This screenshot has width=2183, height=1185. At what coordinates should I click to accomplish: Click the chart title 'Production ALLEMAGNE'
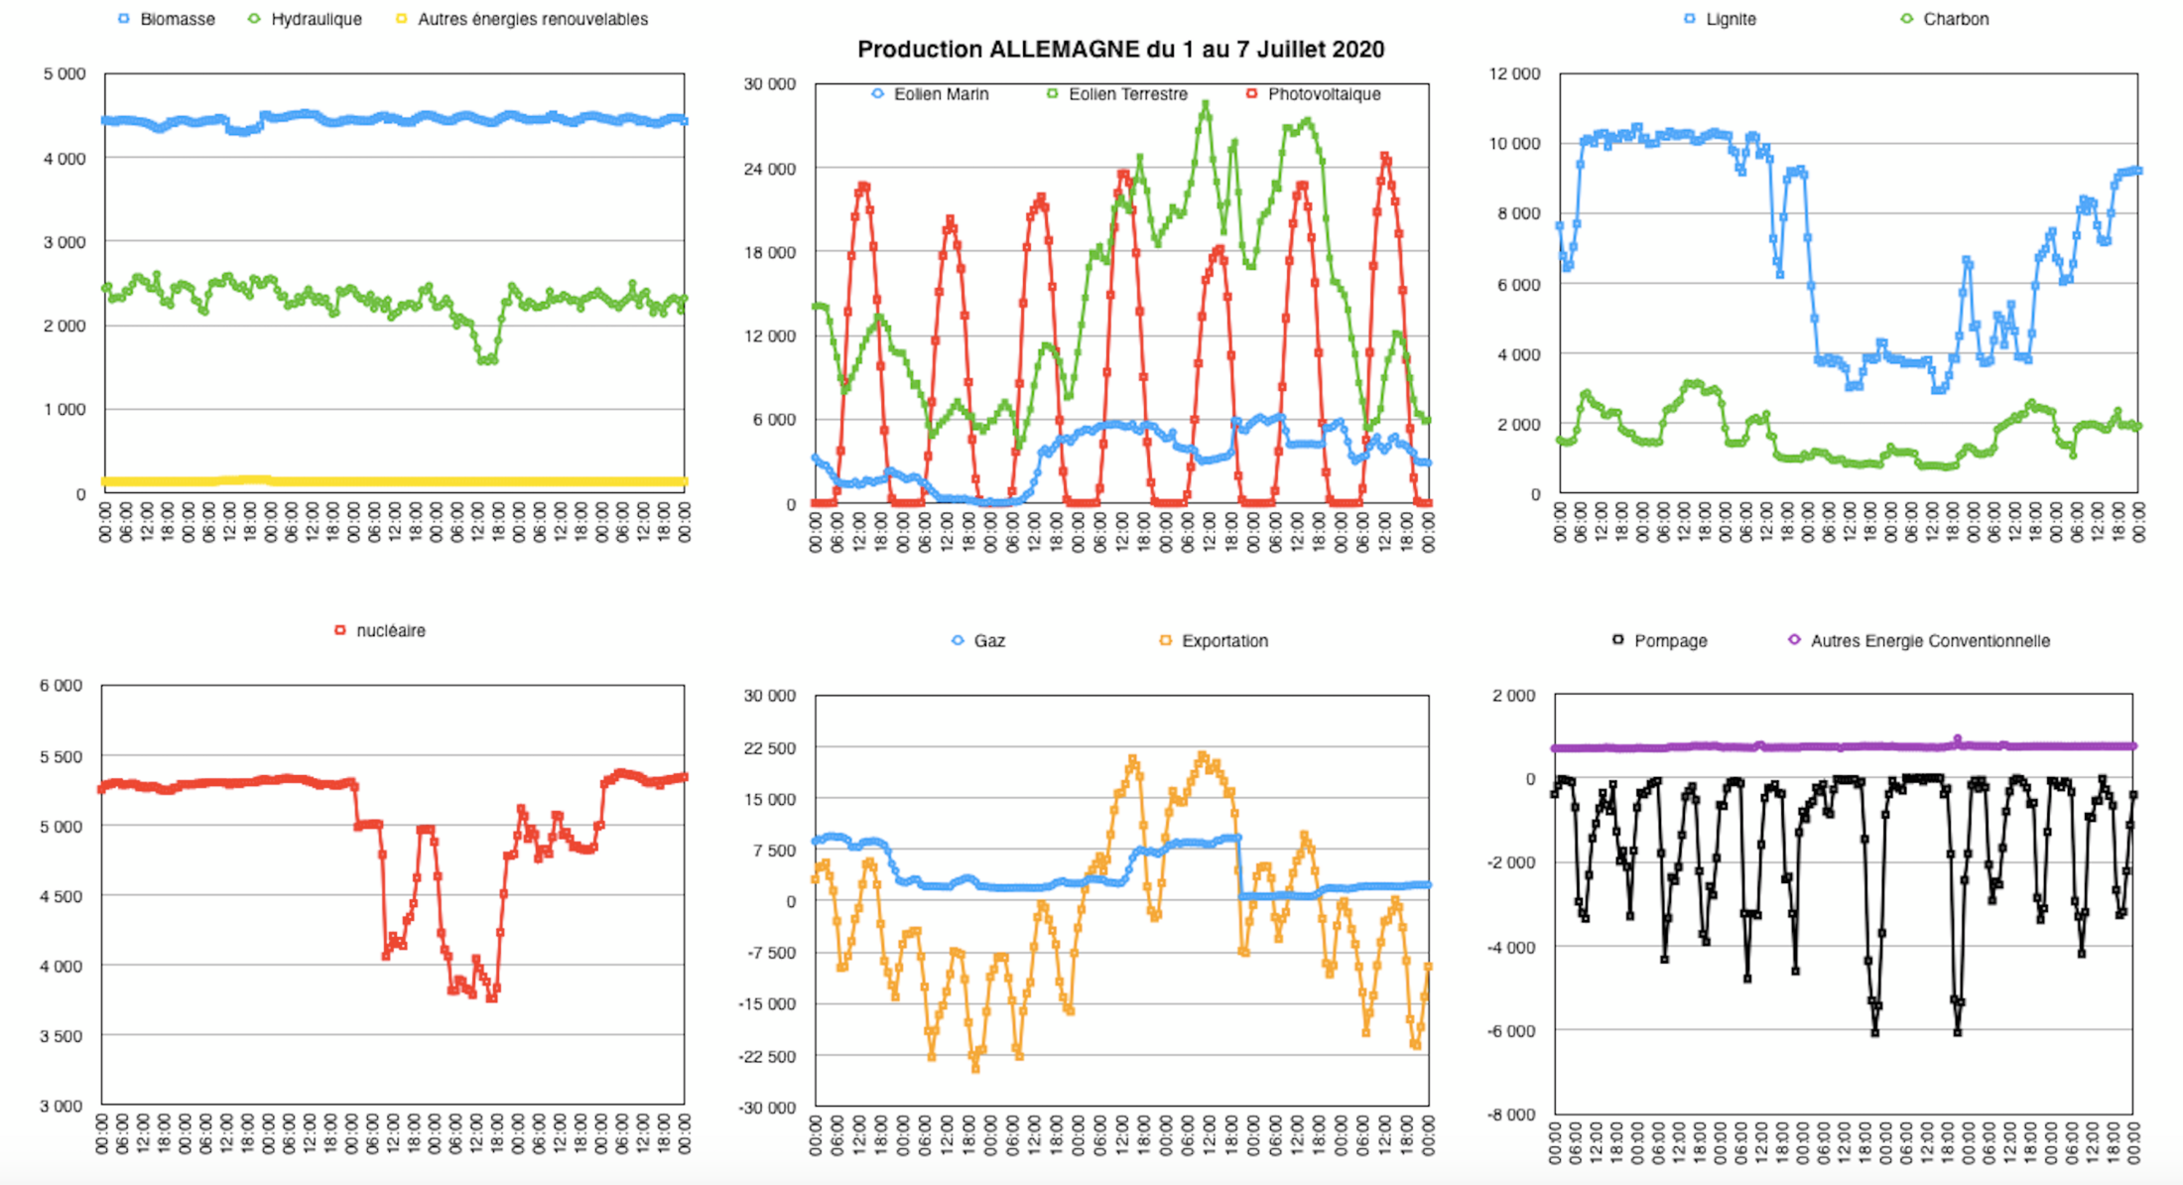[x=1120, y=50]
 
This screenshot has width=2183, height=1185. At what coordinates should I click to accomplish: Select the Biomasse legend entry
[x=177, y=19]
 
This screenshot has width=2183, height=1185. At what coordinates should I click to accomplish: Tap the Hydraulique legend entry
[x=316, y=19]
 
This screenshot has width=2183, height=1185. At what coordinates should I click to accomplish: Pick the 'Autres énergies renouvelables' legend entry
[x=532, y=19]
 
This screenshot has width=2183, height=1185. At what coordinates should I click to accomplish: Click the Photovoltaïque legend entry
[x=1324, y=94]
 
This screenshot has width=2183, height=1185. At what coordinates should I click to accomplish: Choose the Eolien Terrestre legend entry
[x=1127, y=94]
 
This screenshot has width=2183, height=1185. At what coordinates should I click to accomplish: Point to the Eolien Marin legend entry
[x=941, y=94]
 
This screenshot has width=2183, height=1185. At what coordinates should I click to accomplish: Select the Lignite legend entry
[x=1731, y=19]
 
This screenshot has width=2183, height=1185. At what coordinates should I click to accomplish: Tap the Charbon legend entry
[x=1955, y=19]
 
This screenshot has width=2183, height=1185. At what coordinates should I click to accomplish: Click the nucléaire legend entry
[x=390, y=631]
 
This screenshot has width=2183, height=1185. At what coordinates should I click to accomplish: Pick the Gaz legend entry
[x=988, y=641]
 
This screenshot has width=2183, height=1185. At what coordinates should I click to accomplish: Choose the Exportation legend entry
[x=1224, y=641]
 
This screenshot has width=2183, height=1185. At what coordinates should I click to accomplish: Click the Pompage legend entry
[x=1670, y=641]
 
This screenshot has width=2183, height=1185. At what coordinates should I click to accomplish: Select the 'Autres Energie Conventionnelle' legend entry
[x=1929, y=641]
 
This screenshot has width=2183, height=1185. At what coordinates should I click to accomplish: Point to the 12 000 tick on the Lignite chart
[x=1514, y=73]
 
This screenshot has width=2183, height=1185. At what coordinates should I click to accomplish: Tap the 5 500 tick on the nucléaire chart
[x=61, y=756]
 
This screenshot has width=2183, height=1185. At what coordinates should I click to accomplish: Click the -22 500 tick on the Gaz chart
[x=767, y=1056]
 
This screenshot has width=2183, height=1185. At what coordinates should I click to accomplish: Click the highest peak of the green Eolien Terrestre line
[x=1206, y=104]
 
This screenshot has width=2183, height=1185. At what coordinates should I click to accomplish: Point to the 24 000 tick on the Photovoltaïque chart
[x=770, y=169]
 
